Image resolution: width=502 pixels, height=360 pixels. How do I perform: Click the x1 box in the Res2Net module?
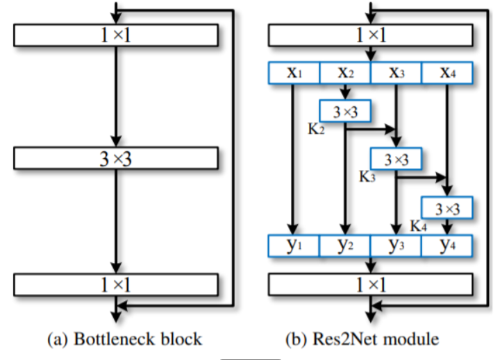tap(294, 72)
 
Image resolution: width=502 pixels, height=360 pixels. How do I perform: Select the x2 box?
tap(345, 72)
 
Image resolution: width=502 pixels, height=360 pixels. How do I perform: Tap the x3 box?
tap(396, 72)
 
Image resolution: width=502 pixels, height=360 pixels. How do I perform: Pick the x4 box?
tap(446, 72)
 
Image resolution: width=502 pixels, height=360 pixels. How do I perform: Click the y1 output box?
tap(294, 246)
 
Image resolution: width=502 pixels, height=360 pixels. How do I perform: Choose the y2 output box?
tap(345, 246)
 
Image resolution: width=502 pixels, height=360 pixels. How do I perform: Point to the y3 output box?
tap(396, 246)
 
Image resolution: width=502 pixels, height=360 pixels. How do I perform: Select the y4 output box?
tap(446, 246)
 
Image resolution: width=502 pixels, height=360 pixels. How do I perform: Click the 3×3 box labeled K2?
tap(345, 110)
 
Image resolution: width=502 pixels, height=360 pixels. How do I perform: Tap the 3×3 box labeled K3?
tap(396, 159)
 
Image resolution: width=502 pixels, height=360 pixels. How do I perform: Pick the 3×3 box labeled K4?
tap(446, 207)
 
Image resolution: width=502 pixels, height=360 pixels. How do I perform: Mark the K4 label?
tap(418, 224)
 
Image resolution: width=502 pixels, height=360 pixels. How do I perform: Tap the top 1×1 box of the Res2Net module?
tap(370, 34)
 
